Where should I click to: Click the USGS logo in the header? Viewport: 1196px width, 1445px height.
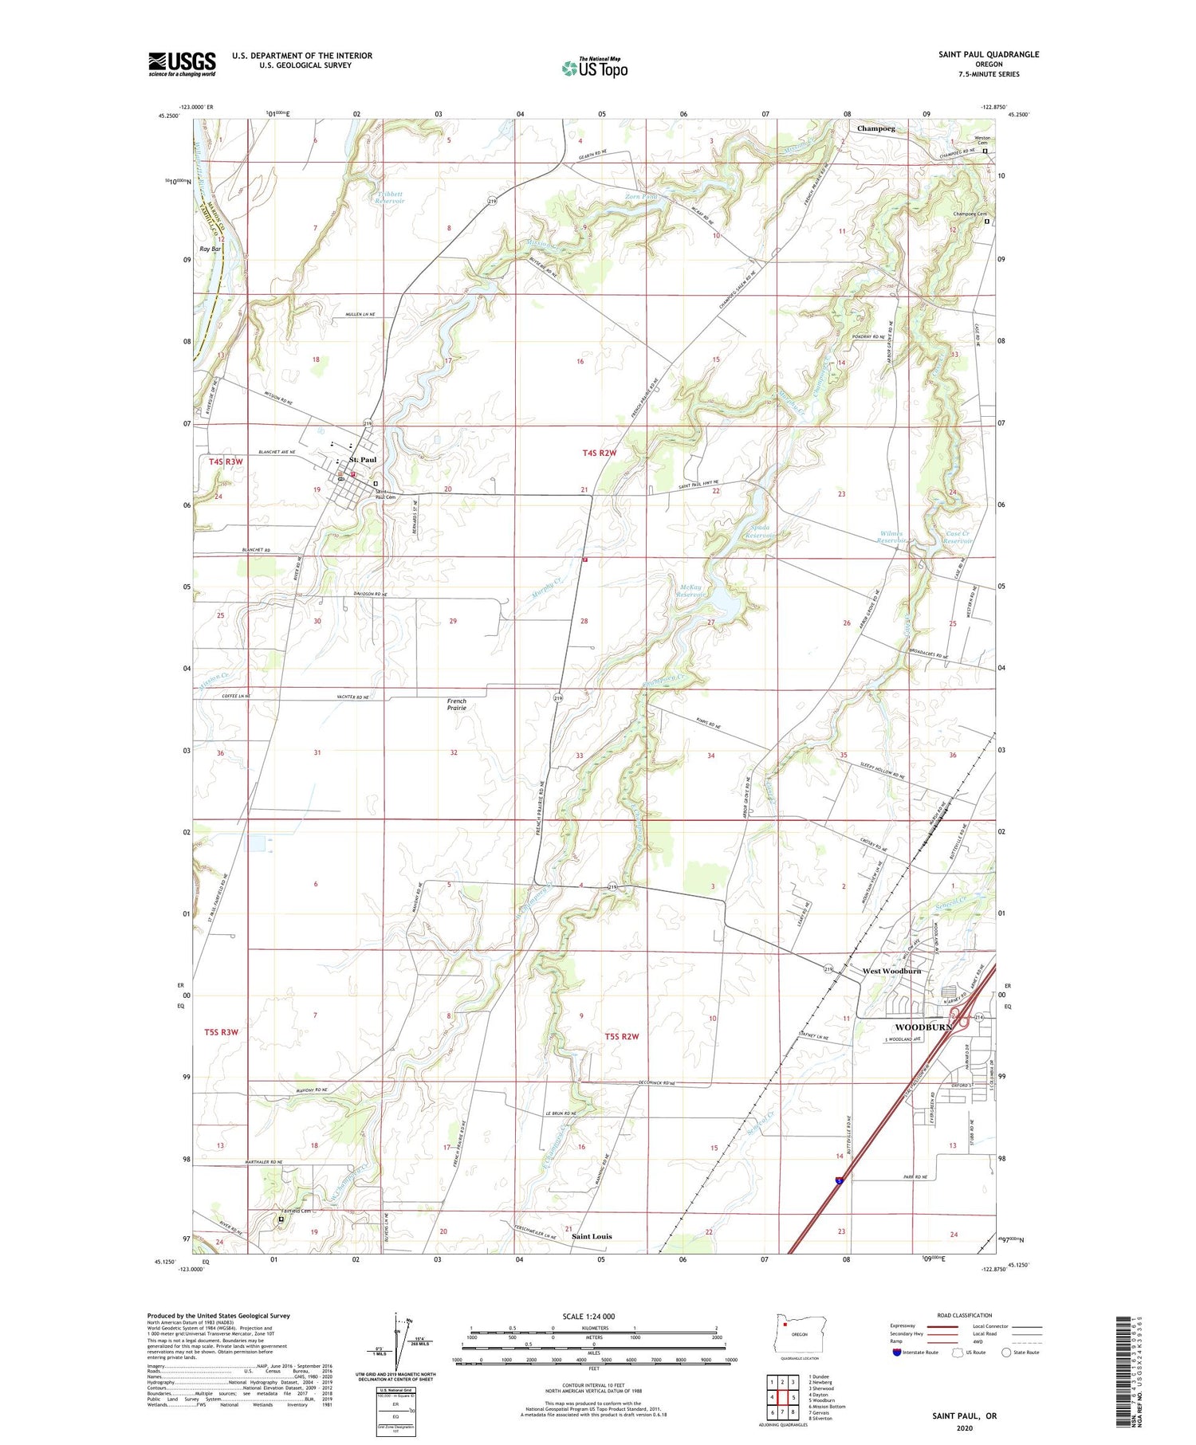(182, 64)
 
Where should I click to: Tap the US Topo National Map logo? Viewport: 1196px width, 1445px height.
(595, 68)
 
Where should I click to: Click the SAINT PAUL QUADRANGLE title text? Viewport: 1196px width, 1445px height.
(989, 54)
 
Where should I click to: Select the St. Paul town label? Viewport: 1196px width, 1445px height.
(363, 460)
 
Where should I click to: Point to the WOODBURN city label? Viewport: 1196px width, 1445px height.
(923, 1027)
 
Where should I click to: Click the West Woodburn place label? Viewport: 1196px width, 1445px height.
(891, 971)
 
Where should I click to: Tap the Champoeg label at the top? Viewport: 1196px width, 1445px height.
(875, 128)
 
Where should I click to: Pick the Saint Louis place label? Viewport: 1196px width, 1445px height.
(592, 1236)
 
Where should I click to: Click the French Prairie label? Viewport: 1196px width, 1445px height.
(457, 705)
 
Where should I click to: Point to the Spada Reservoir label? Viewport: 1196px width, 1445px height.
(758, 532)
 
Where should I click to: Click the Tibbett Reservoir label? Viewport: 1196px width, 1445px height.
(391, 197)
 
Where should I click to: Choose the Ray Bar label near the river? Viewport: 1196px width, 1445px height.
(210, 249)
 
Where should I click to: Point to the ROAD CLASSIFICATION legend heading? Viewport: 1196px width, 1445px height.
(964, 1315)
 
